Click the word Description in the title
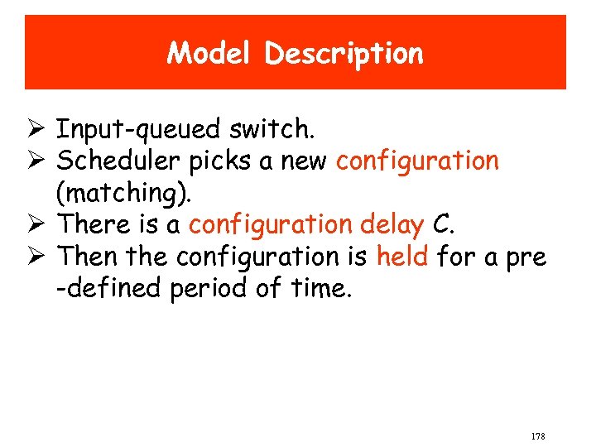[x=344, y=55]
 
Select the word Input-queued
[x=138, y=130]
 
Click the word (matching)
[x=123, y=194]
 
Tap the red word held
[x=401, y=257]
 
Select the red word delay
[x=392, y=225]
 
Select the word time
[x=321, y=289]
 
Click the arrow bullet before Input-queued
[x=37, y=130]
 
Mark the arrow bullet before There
[x=37, y=225]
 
